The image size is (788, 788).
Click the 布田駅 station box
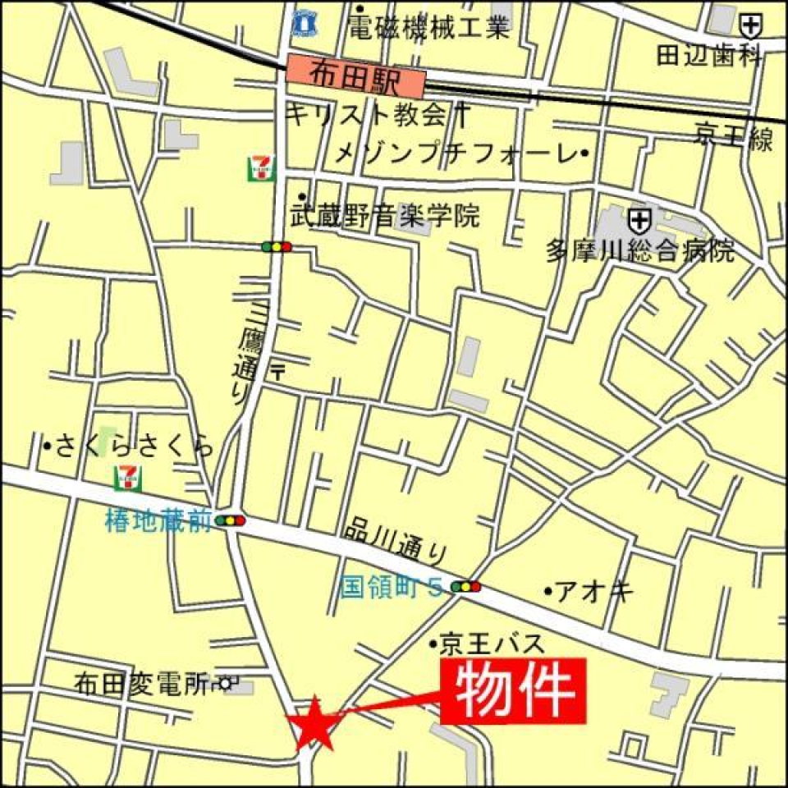pos(356,74)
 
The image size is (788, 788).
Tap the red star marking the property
pos(314,722)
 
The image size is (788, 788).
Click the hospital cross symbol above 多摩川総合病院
pos(639,220)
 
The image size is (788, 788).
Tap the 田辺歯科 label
pos(710,56)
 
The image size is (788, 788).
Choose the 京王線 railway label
pos(733,137)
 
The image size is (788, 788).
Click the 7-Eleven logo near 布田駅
pos(261,168)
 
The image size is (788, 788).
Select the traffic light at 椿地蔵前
pos(230,520)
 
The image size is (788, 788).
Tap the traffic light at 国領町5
pos(465,586)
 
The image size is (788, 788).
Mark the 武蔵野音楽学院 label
pos(385,217)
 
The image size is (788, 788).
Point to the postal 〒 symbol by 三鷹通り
pos(278,370)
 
